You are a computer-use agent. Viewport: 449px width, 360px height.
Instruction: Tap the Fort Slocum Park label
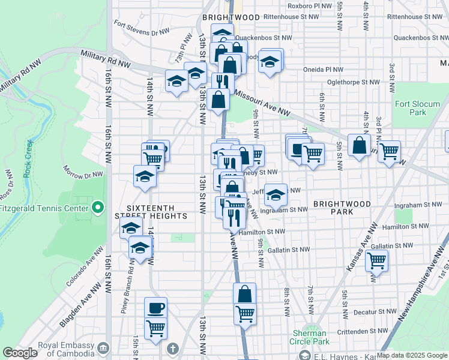[x=418, y=108]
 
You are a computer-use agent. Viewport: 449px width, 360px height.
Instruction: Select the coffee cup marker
[x=155, y=308]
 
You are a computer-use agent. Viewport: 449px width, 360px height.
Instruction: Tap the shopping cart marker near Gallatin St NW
[x=376, y=261]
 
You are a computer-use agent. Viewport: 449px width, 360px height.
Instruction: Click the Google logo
[x=20, y=353]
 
